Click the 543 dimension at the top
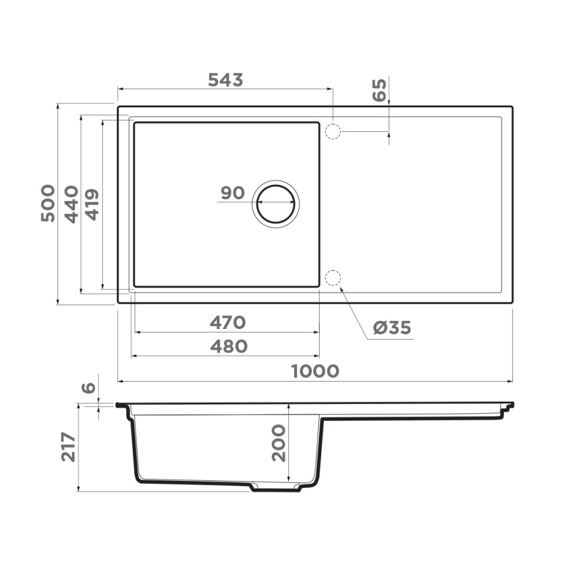[x=225, y=80]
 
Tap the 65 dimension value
[x=380, y=90]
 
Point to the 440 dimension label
[x=71, y=204]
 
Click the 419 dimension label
[x=93, y=204]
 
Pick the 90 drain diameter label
[x=232, y=193]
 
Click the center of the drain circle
[x=276, y=203]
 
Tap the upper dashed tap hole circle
[x=333, y=131]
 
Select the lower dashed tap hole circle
[x=333, y=278]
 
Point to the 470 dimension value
[x=227, y=323]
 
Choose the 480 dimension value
[x=229, y=346]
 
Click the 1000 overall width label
[x=315, y=371]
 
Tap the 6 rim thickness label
[x=88, y=388]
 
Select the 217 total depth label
[x=69, y=447]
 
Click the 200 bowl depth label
[x=278, y=443]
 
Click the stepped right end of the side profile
[x=506, y=409]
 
